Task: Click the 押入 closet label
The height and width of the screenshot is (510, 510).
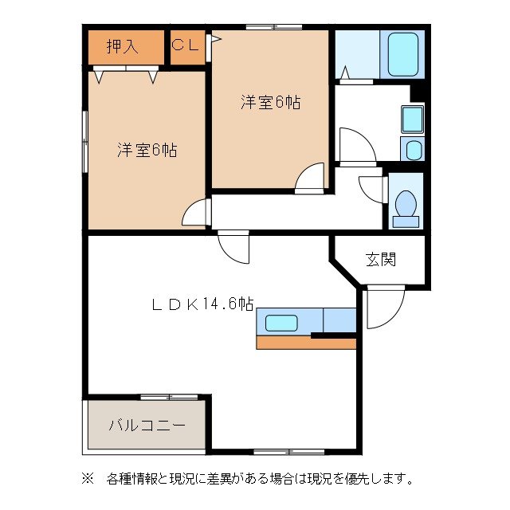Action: (123, 46)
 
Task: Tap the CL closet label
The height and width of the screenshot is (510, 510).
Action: (186, 45)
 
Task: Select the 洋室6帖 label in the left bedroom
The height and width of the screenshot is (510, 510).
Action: (147, 150)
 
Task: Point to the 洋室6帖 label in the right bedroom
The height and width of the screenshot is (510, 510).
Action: (270, 102)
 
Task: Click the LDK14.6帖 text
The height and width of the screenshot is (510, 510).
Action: (203, 304)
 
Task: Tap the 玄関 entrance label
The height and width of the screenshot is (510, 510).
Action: (381, 259)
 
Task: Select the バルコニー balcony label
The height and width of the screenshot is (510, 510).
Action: (147, 424)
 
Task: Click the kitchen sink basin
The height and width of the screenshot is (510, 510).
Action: (281, 323)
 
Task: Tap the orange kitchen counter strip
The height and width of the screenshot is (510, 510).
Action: (305, 343)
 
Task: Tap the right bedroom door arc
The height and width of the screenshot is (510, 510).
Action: (310, 179)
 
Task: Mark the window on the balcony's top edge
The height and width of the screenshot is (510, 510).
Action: (169, 396)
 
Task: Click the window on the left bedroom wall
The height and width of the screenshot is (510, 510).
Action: (85, 139)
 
